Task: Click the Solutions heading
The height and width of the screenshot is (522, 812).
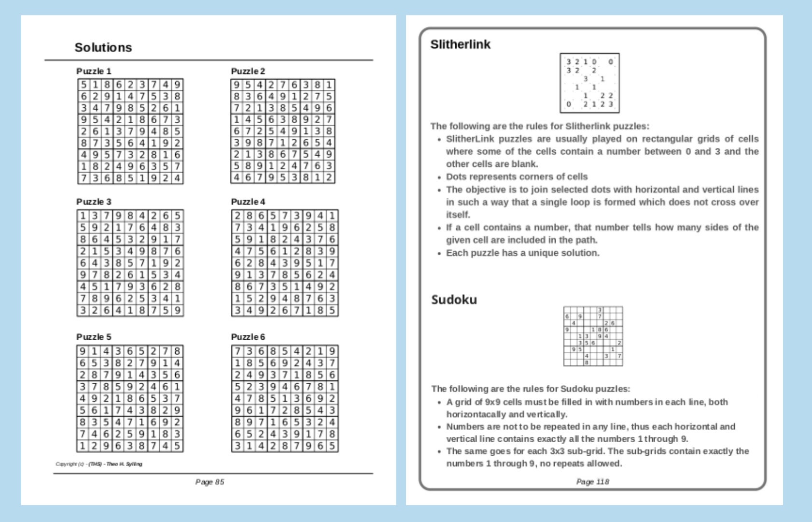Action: pyautogui.click(x=103, y=47)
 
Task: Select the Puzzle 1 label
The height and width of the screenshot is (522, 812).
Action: pyautogui.click(x=94, y=71)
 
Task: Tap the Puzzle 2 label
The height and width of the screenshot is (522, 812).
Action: pyautogui.click(x=248, y=71)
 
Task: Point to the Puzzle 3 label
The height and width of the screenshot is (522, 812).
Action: pyautogui.click(x=94, y=202)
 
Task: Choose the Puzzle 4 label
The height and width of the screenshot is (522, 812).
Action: pyautogui.click(x=248, y=202)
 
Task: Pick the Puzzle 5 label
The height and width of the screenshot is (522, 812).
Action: pyautogui.click(x=94, y=337)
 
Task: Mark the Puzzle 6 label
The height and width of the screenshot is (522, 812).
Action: pyautogui.click(x=248, y=337)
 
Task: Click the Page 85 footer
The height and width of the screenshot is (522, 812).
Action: pyautogui.click(x=210, y=482)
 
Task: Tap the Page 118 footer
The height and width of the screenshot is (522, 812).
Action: pyautogui.click(x=592, y=482)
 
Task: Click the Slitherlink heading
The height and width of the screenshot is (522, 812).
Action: pyautogui.click(x=460, y=44)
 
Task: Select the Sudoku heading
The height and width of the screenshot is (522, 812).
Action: pyautogui.click(x=454, y=300)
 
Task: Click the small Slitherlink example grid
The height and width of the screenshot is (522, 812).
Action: pyautogui.click(x=589, y=83)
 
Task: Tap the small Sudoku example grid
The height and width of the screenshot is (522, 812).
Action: pyautogui.click(x=593, y=336)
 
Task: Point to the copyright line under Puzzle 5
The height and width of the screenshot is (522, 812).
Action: pyautogui.click(x=99, y=464)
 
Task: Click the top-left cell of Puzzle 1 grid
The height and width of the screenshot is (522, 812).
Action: pyautogui.click(x=84, y=85)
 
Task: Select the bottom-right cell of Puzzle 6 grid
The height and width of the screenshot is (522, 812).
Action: pyautogui.click(x=332, y=446)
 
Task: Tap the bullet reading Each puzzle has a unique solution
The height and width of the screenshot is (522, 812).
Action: pyautogui.click(x=522, y=253)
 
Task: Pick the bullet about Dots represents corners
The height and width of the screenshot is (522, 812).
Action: pyautogui.click(x=517, y=176)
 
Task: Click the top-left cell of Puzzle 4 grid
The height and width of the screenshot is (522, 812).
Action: pyautogui.click(x=237, y=216)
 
